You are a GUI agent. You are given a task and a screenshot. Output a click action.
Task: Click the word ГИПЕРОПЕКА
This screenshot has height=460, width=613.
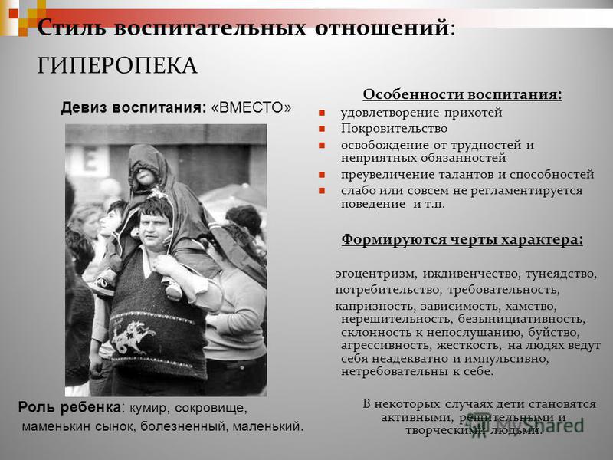117,65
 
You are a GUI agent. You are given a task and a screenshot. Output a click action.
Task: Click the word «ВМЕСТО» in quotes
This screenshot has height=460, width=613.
251,107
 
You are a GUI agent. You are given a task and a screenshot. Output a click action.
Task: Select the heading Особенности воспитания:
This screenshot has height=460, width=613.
462,94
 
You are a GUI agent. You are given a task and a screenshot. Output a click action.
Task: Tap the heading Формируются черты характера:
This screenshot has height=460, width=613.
462,239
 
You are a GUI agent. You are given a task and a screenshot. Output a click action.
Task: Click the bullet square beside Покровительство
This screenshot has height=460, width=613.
322,129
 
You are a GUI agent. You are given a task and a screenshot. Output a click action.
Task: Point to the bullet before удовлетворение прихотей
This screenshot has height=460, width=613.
322,113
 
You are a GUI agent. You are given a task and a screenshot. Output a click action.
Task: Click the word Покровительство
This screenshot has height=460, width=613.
394,128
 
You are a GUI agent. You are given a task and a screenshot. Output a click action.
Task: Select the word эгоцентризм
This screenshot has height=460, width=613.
375,274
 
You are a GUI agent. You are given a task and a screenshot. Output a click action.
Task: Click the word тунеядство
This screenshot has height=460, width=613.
561,274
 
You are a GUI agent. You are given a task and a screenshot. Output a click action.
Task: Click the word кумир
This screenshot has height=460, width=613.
149,409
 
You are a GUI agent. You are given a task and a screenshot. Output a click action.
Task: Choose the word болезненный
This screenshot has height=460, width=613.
183,426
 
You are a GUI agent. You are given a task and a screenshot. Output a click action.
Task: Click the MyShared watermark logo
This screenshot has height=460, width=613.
526,425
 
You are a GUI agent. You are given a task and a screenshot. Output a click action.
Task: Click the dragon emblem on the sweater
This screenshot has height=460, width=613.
133,336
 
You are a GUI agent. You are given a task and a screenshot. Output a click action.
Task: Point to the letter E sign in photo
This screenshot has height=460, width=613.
90,159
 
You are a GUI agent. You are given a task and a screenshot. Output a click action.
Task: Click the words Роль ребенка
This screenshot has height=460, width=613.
70,407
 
